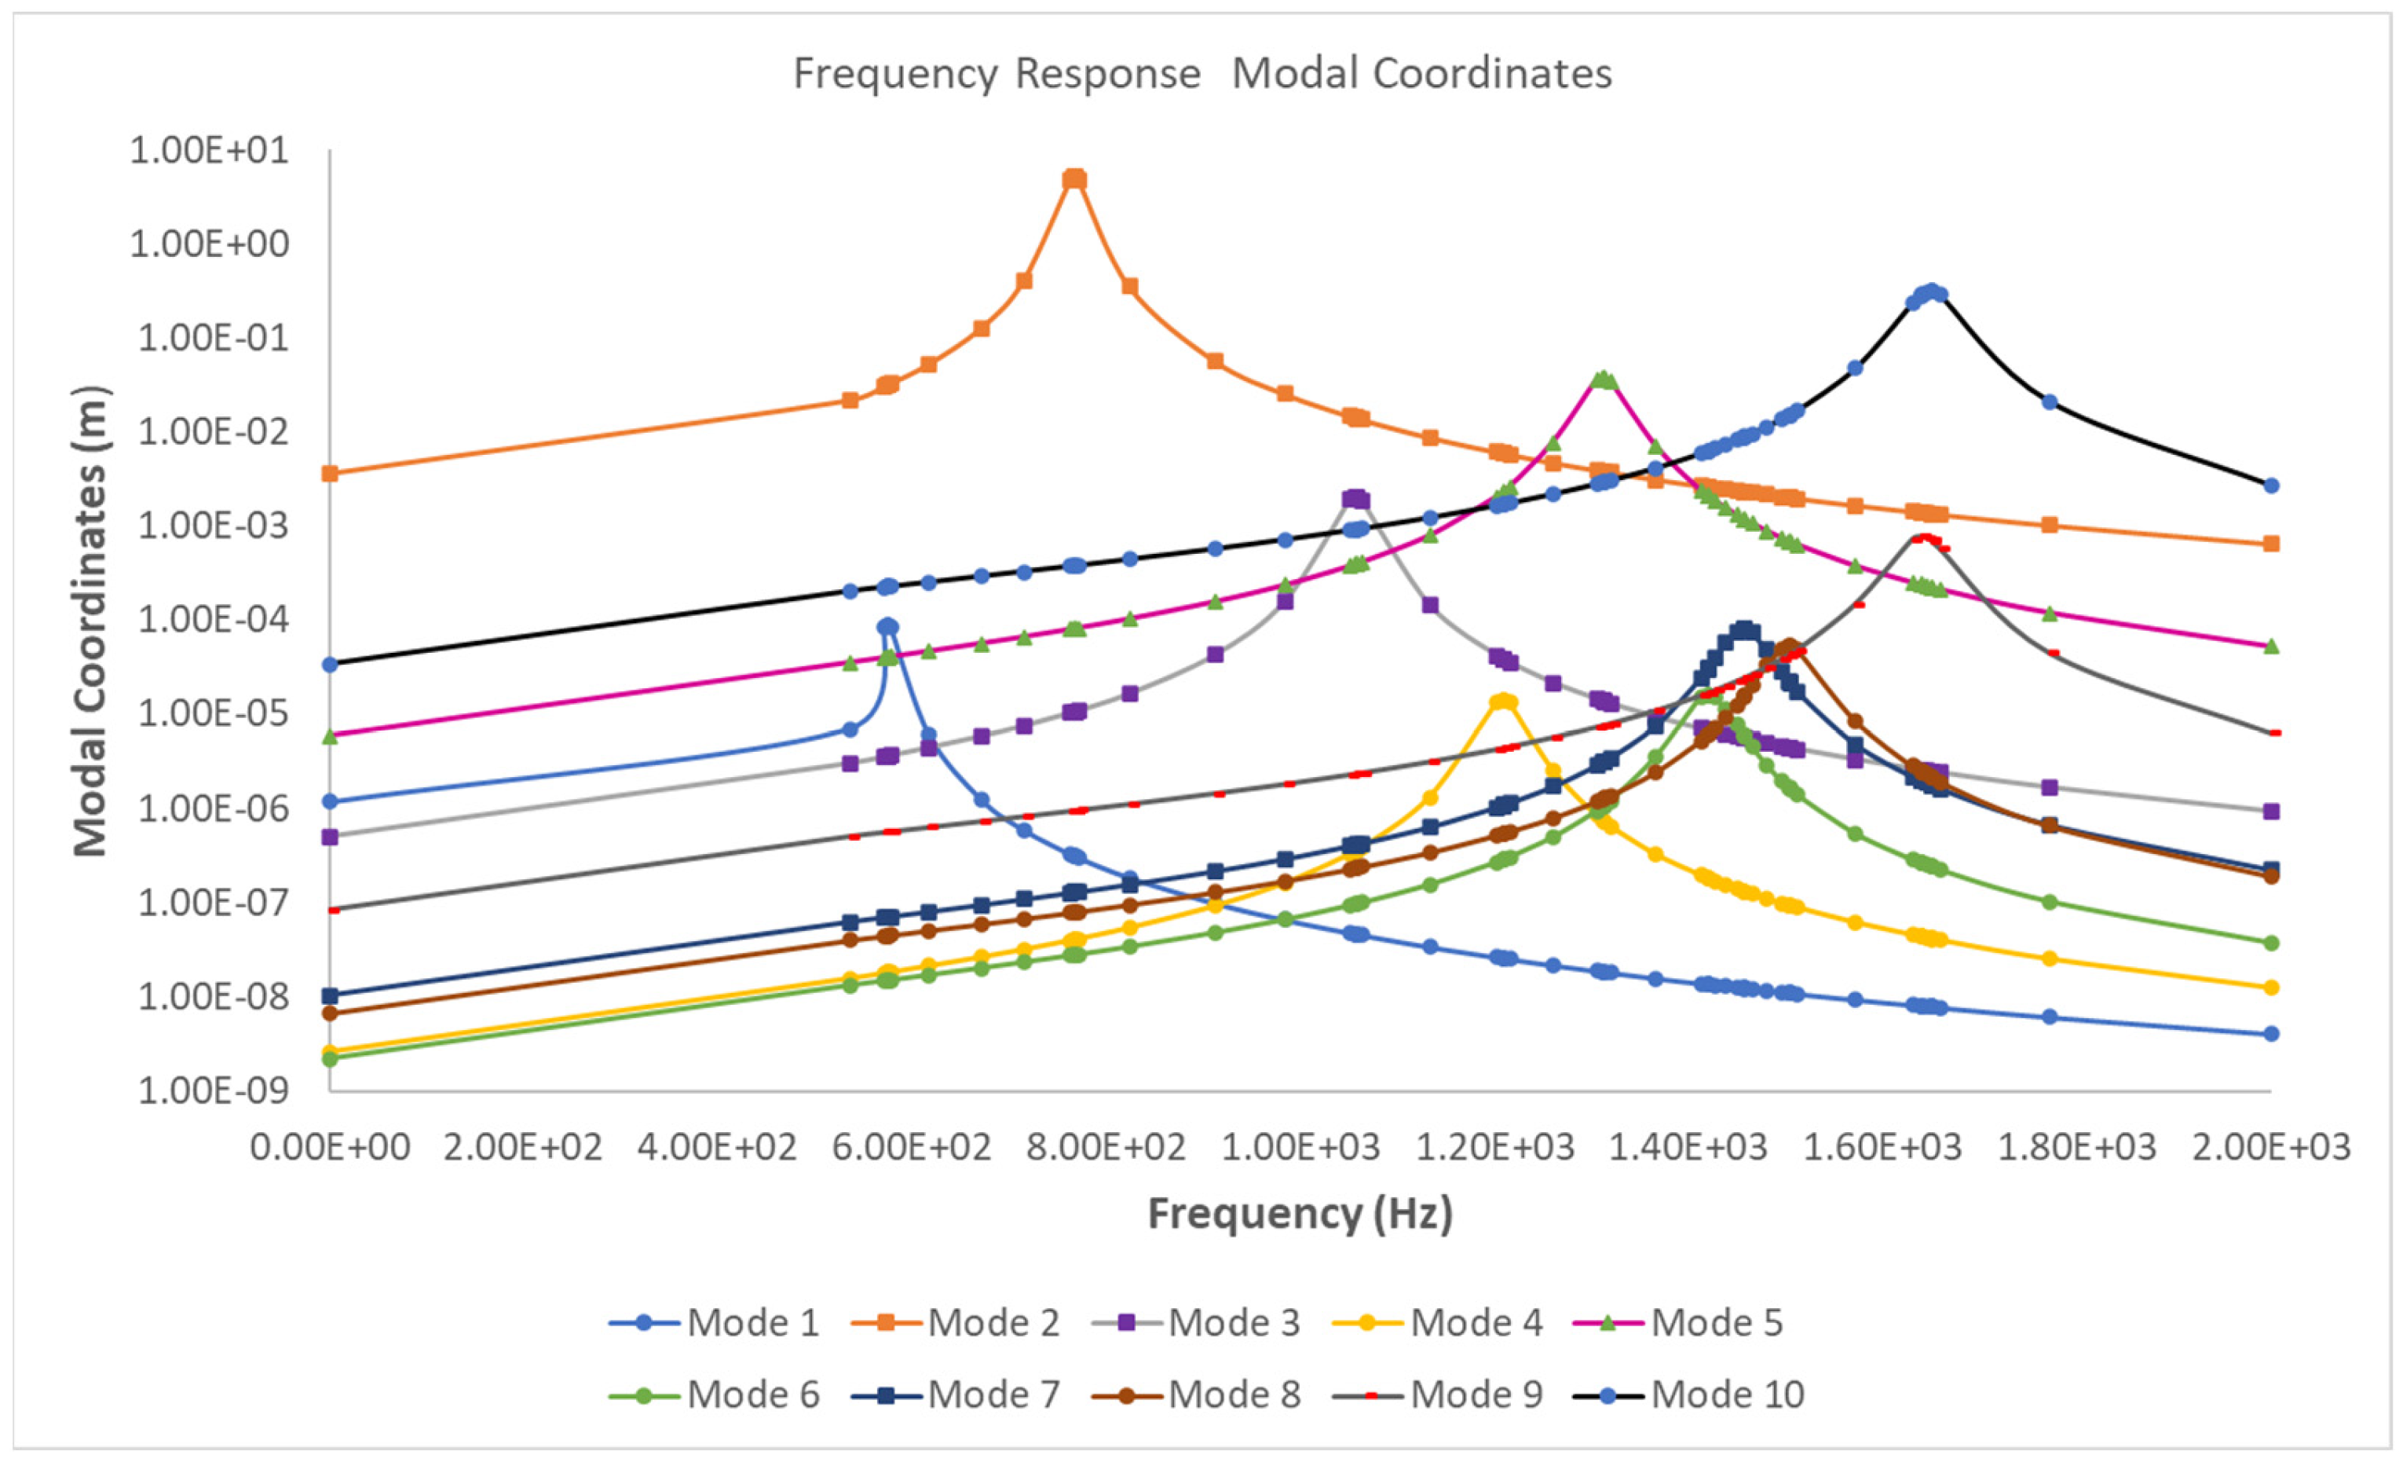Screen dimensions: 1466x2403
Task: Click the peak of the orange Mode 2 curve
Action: tap(1073, 178)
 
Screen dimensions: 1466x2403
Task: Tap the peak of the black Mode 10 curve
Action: tap(1929, 291)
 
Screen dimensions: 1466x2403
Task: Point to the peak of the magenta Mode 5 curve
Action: tap(1604, 379)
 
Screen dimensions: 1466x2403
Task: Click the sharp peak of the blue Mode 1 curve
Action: tap(887, 626)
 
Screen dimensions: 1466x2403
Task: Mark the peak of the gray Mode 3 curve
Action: tap(1355, 498)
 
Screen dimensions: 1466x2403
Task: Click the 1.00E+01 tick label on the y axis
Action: tap(210, 150)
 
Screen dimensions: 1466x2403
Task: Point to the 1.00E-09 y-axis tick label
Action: tap(214, 1090)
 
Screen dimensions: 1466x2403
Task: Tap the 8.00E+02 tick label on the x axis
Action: tap(1106, 1148)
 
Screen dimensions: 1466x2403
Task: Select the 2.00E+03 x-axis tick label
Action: tap(2270, 1148)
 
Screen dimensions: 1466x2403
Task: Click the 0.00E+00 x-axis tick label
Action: tap(330, 1148)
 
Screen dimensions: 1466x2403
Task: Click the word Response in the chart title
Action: tap(1107, 74)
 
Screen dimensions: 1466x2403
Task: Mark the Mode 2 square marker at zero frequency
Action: tap(330, 473)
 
